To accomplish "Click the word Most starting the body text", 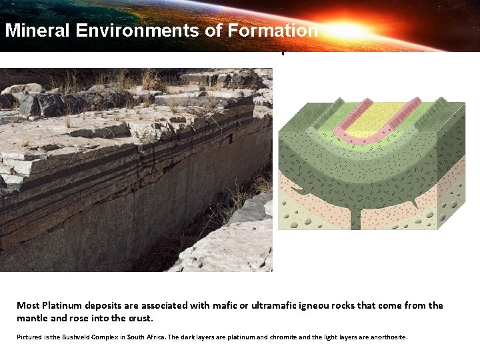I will pos(29,305).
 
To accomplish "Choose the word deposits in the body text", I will pos(102,305).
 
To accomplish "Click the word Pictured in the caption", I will pos(29,337).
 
